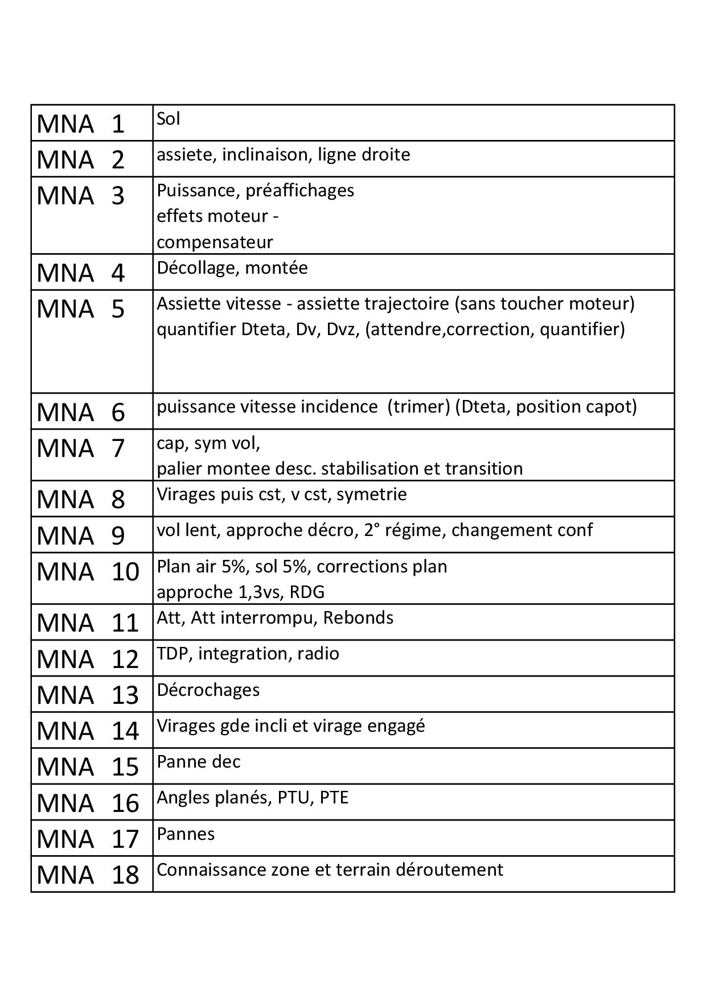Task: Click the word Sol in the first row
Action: pos(169,119)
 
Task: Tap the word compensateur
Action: pos(215,242)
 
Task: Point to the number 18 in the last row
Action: pos(125,875)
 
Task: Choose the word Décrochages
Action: pos(208,690)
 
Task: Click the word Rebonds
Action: pos(358,618)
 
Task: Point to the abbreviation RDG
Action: pos(306,592)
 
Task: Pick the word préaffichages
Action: pos(299,191)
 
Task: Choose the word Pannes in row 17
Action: pos(186,834)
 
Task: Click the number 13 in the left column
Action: pos(125,695)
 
